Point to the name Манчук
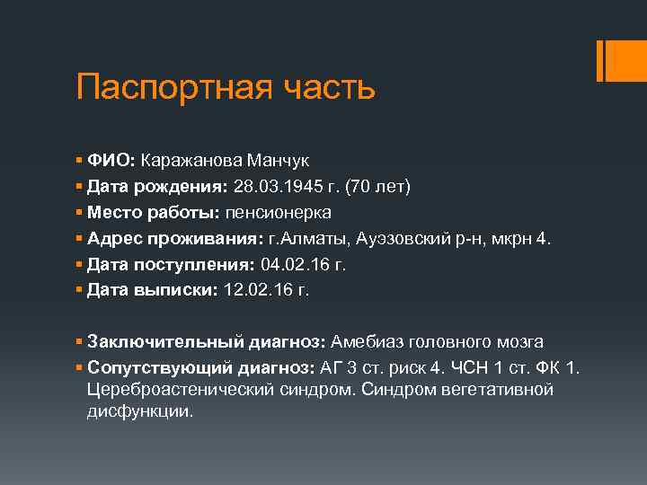[x=282, y=161]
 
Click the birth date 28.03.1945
[x=277, y=187]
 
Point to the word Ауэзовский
[x=402, y=239]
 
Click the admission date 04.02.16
[x=294, y=265]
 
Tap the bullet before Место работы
[x=80, y=213]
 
